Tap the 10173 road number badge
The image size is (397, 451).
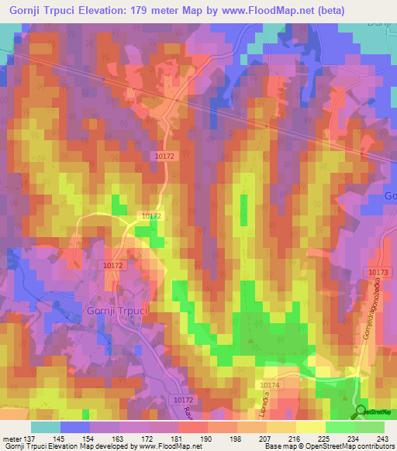tap(378, 272)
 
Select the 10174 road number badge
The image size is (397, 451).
tap(270, 385)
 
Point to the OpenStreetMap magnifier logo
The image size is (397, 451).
tap(361, 411)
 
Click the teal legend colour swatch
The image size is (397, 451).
tap(45, 427)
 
